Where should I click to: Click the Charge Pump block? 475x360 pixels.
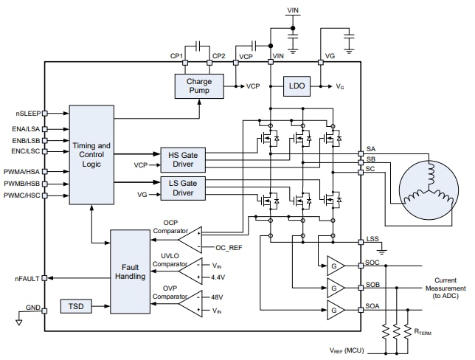(198, 86)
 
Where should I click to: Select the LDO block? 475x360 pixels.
(297, 86)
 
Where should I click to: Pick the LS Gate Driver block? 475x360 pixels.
(183, 187)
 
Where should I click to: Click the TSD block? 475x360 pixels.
(77, 306)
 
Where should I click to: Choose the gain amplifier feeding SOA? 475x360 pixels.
(335, 309)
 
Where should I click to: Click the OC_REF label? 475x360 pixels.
(229, 249)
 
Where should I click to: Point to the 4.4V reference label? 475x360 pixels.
(218, 279)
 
